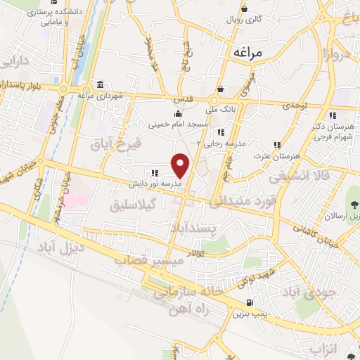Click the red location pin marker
181,165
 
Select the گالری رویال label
243,20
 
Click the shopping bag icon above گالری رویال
243,9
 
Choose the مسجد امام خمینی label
177,124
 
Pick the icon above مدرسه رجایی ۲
221,131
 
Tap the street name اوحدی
296,105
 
